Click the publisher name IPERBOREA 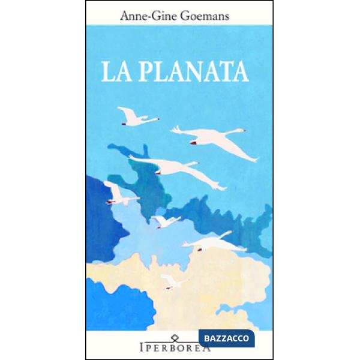179,348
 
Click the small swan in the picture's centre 165,221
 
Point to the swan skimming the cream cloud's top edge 213,242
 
